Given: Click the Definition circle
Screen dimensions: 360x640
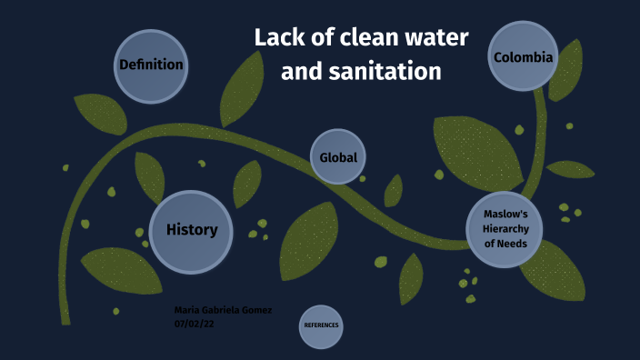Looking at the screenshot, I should [151, 65].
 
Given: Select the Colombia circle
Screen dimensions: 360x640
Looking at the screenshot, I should [523, 57].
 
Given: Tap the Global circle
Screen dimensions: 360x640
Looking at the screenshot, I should [338, 157].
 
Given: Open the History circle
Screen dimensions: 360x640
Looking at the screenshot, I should [191, 229].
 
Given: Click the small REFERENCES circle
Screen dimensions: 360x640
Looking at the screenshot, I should [321, 325].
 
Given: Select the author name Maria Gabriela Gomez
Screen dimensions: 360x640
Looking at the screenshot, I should [223, 310].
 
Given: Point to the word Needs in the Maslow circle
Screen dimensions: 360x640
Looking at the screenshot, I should [513, 243].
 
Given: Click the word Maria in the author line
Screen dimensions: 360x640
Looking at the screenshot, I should [186, 310].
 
